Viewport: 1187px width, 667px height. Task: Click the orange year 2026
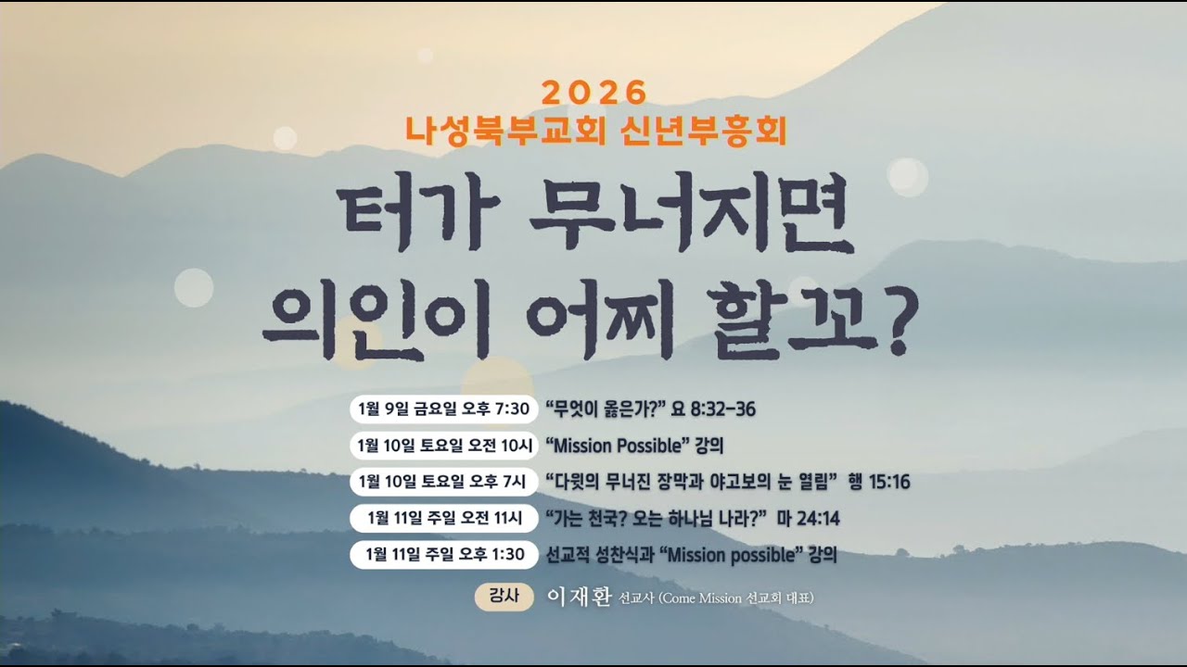(x=593, y=93)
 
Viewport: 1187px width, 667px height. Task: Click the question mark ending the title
(x=892, y=325)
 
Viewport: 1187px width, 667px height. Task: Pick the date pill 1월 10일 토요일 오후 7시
(x=441, y=482)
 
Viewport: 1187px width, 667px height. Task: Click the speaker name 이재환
(x=580, y=597)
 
